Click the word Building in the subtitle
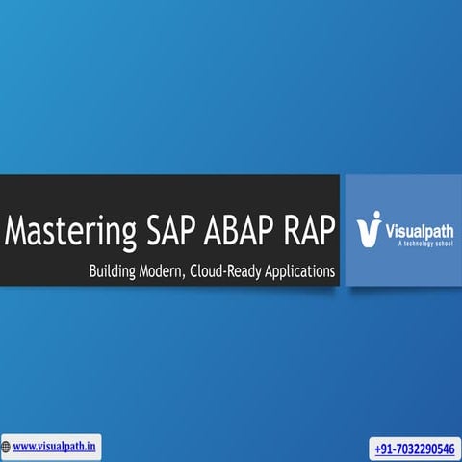click(114, 272)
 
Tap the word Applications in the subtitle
click(303, 272)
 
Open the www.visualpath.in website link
click(54, 446)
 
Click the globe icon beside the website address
click(6, 446)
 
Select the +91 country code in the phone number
click(383, 449)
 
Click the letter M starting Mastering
click(16, 232)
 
